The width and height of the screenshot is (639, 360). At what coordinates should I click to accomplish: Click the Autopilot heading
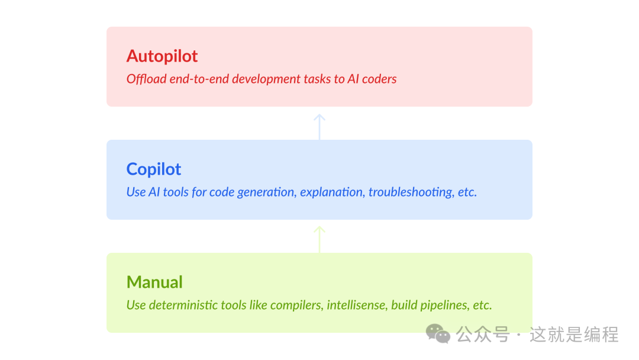[162, 56]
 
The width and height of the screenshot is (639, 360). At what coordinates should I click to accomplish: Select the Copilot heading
[154, 169]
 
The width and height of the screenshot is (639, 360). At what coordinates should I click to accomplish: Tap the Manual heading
[154, 282]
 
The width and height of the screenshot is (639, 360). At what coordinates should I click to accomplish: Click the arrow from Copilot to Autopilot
[319, 127]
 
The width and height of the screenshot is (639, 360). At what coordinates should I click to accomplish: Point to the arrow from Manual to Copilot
[319, 240]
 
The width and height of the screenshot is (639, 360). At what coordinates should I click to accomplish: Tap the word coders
[379, 79]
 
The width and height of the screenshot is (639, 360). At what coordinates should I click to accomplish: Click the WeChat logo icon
[438, 334]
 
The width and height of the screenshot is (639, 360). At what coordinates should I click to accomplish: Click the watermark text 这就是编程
[574, 335]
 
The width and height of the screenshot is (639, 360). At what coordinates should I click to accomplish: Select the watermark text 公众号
[483, 335]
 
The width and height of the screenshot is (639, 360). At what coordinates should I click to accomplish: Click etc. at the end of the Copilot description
[467, 192]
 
